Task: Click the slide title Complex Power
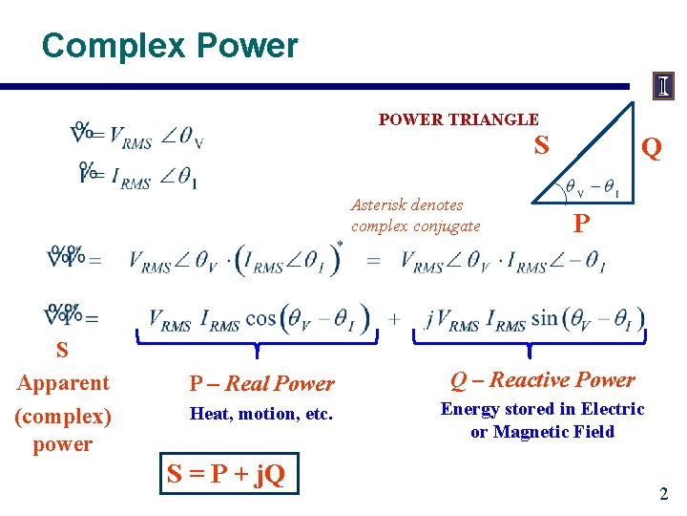[170, 45]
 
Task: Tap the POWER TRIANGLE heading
[458, 119]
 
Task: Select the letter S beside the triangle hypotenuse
[541, 145]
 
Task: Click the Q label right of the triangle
[652, 148]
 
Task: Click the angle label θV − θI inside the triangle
[592, 190]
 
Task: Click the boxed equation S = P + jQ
[227, 473]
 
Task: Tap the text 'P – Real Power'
[261, 384]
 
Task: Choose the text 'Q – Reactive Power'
[542, 380]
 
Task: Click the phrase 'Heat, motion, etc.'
[260, 414]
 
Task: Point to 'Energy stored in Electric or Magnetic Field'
[542, 420]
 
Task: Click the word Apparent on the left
[63, 383]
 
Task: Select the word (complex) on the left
[63, 417]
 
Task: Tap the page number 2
[663, 494]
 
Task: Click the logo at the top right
[663, 87]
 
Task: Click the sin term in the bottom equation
[547, 318]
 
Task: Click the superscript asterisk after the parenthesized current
[340, 246]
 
